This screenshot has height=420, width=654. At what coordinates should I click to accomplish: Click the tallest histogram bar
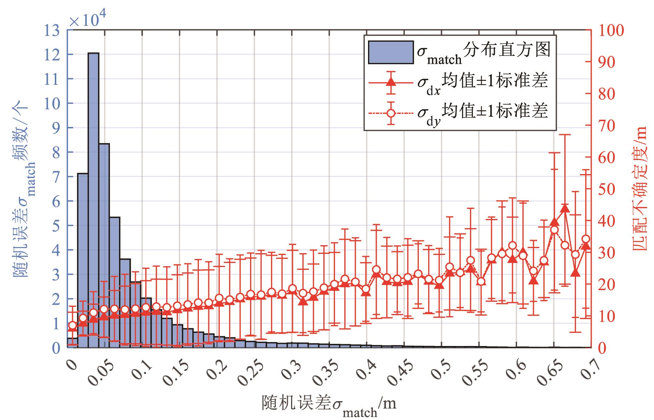(x=93, y=199)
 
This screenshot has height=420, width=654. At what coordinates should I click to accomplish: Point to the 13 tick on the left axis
(x=53, y=30)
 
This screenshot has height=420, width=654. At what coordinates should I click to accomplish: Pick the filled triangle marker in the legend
(x=391, y=81)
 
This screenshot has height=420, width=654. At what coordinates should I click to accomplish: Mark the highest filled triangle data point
(x=565, y=208)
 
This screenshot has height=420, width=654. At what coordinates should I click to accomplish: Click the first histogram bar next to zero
(x=72, y=343)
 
